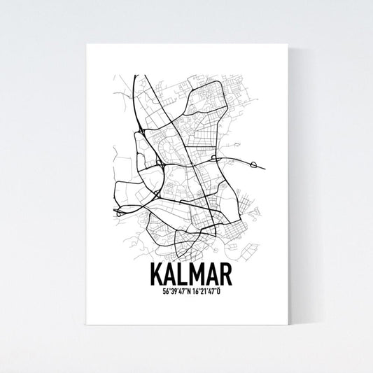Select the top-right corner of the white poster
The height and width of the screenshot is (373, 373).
288,45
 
